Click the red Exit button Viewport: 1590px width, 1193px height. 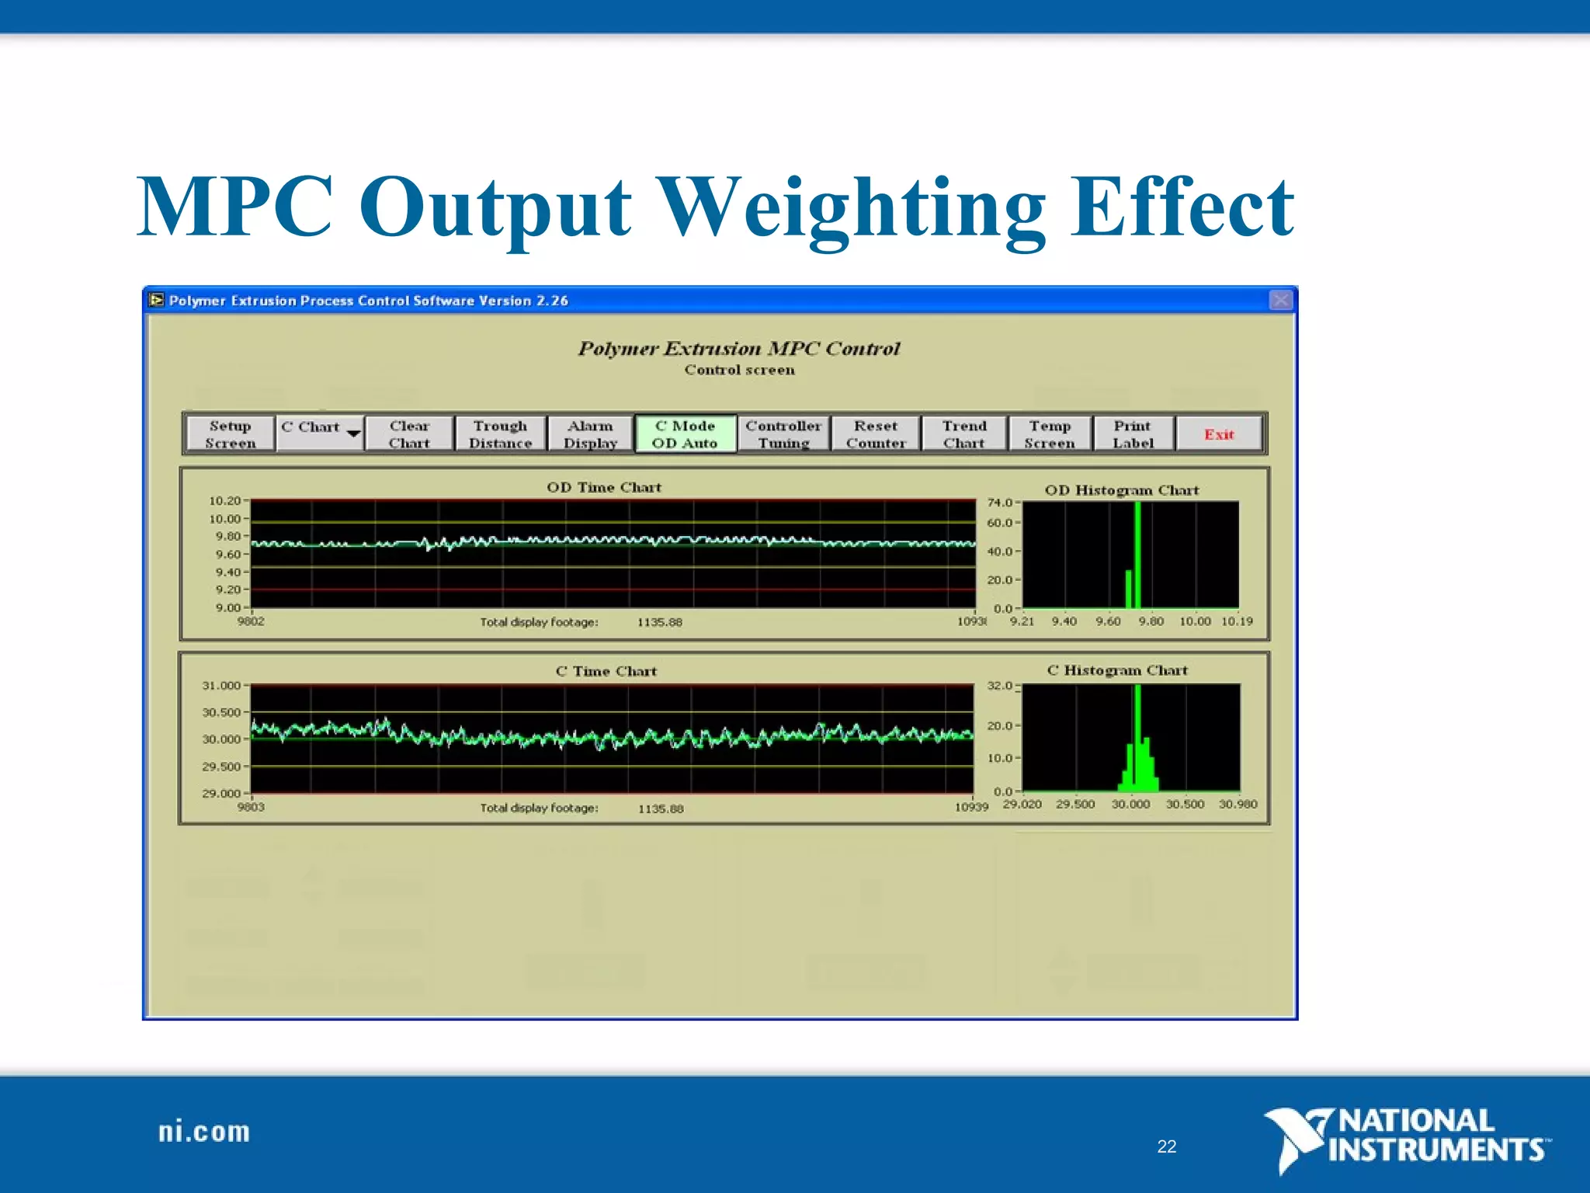coord(1218,434)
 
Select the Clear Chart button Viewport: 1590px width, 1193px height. coord(409,434)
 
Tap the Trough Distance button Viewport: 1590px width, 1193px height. coord(500,434)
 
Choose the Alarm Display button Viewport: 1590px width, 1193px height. coord(590,434)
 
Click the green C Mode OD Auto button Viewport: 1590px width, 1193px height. coord(685,434)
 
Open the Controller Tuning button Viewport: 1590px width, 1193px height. coord(783,434)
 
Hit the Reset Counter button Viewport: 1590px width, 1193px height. coord(876,434)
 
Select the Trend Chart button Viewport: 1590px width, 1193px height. coord(964,434)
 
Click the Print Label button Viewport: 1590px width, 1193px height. coord(1133,434)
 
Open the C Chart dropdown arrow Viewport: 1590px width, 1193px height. coord(353,433)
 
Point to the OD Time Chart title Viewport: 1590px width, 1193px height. coord(604,487)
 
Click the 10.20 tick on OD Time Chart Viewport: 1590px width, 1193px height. coord(225,501)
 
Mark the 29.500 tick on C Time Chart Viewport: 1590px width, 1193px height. coord(221,767)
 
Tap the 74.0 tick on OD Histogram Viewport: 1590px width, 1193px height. coord(1000,503)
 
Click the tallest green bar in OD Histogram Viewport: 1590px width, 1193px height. coord(1137,555)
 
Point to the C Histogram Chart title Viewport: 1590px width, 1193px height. coord(1117,670)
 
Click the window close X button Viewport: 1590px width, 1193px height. coord(1281,300)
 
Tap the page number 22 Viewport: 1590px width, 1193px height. coord(1166,1146)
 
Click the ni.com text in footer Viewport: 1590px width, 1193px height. coord(204,1132)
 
